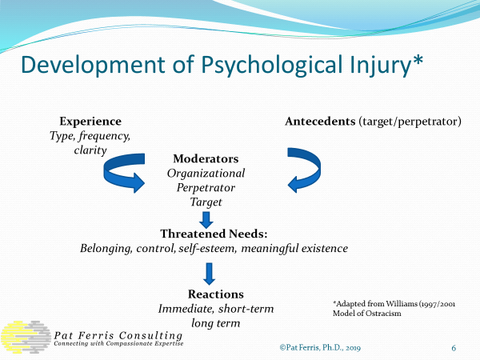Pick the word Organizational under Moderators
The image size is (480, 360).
click(206, 173)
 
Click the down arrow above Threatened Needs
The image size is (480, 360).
click(205, 220)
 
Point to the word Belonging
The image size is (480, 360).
click(110, 248)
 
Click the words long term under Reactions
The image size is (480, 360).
click(217, 322)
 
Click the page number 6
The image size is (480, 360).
click(454, 348)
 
